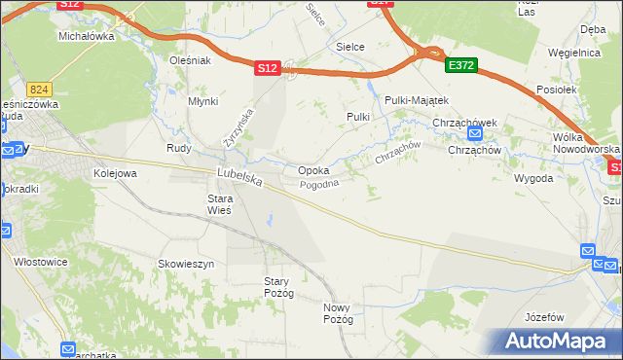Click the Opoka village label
tap(313, 170)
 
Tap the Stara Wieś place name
tap(218, 204)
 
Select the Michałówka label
tap(87, 36)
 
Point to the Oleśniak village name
tap(190, 59)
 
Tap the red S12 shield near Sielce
tap(269, 68)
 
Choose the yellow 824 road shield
tap(39, 88)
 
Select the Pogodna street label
tap(319, 184)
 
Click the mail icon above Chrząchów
tap(475, 134)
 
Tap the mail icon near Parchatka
tap(67, 349)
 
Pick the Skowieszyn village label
tap(186, 263)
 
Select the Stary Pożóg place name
tap(278, 287)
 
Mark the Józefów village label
tap(544, 317)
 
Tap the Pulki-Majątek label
tap(416, 100)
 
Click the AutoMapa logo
tap(559, 341)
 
